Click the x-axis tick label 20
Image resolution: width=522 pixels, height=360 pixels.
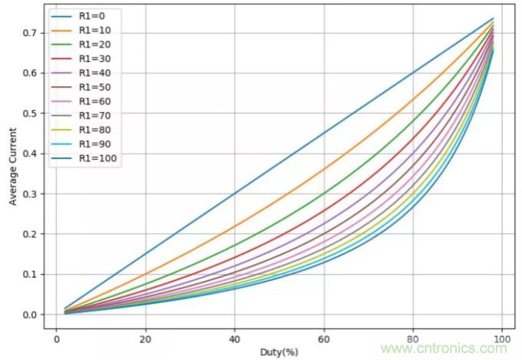click(x=145, y=339)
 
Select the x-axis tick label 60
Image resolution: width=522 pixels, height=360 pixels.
click(x=324, y=339)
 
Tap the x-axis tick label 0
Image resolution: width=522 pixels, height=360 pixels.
click(x=56, y=339)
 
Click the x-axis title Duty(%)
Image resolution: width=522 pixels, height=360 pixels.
click(x=279, y=352)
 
